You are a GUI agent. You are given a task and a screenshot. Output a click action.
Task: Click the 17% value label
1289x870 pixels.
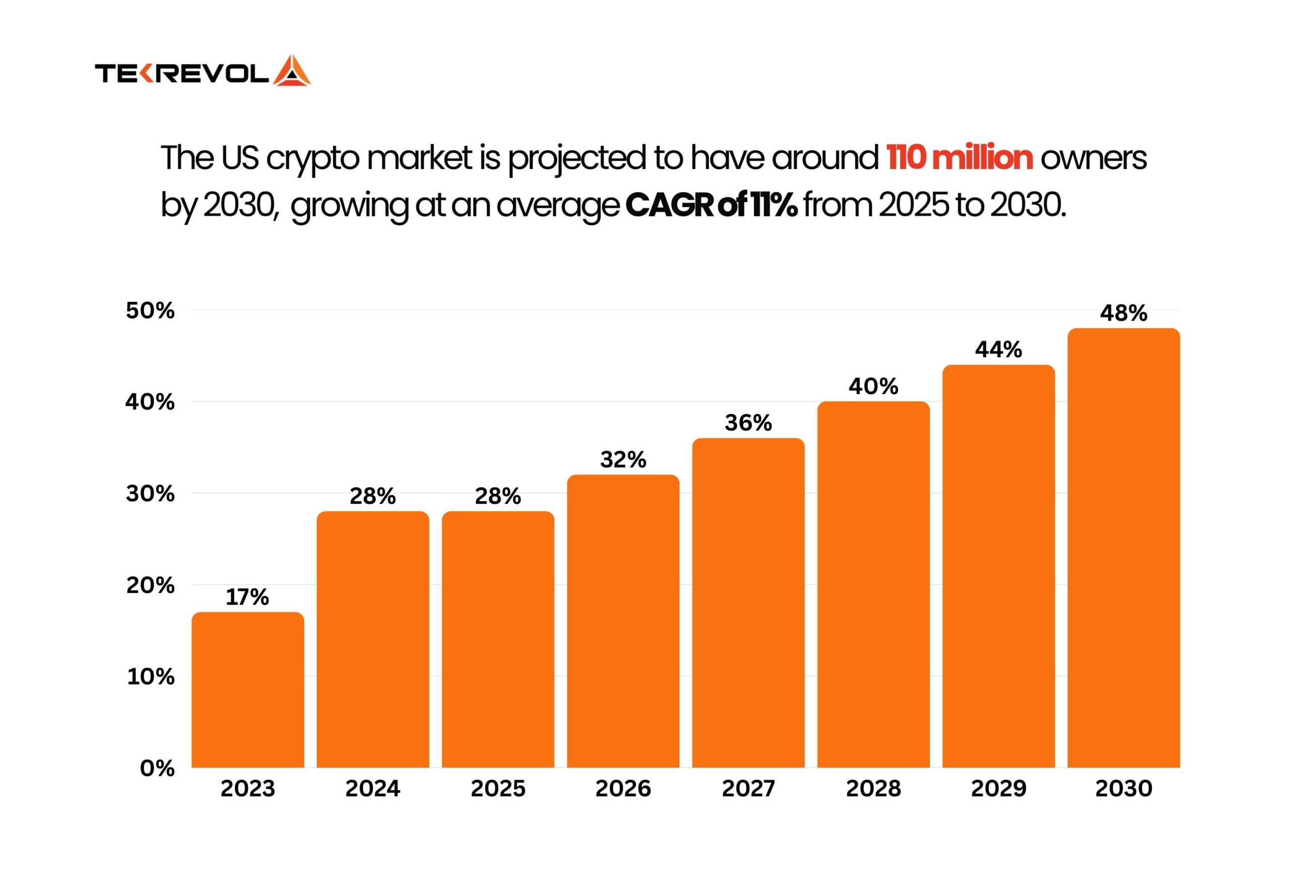click(x=247, y=597)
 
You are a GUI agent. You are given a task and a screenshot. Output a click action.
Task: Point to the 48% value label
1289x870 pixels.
click(x=1123, y=313)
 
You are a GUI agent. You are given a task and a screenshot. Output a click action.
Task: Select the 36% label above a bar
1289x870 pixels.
click(x=748, y=423)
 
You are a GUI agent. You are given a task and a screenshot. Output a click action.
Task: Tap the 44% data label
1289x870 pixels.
click(x=998, y=349)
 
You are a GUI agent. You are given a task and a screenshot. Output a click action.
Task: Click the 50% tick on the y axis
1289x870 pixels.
click(x=150, y=311)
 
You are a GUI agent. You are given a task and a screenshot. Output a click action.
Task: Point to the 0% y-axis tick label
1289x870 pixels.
click(x=157, y=768)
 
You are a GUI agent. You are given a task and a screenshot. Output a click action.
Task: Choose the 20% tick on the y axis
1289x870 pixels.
click(x=150, y=585)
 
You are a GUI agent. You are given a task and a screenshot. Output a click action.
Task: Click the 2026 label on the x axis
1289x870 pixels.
click(x=623, y=788)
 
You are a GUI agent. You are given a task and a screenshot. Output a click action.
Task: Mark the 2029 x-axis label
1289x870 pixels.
click(x=998, y=788)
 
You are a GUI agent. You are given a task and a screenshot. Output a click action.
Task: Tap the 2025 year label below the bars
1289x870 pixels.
click(x=498, y=788)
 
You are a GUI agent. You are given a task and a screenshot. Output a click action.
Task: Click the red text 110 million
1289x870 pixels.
click(x=960, y=158)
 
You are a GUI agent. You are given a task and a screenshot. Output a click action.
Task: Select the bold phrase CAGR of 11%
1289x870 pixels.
click(x=711, y=205)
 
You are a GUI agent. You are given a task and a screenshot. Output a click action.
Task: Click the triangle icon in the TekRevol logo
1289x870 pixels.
click(x=292, y=71)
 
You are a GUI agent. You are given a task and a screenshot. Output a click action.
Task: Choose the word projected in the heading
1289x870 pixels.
click(x=577, y=159)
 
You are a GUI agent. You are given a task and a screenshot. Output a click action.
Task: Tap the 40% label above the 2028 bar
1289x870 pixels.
click(x=873, y=387)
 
